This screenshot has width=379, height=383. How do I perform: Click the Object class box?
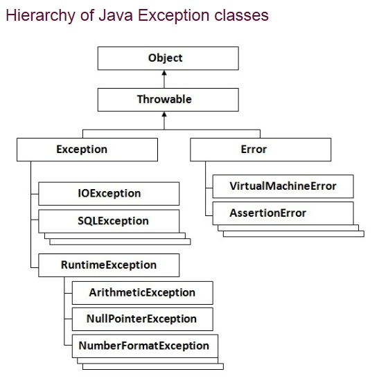click(x=164, y=58)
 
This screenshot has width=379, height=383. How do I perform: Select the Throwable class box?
click(x=164, y=100)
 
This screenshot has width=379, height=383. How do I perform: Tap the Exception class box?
click(x=82, y=150)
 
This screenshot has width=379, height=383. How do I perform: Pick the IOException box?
click(x=109, y=194)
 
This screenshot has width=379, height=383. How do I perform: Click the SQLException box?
click(x=109, y=222)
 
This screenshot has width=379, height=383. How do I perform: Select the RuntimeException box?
click(x=108, y=265)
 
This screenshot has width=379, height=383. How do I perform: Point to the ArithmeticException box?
click(x=142, y=293)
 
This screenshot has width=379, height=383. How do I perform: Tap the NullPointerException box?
click(x=142, y=319)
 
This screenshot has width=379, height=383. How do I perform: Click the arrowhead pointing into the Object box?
click(x=164, y=73)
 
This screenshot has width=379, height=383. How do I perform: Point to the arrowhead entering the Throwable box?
click(x=164, y=115)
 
